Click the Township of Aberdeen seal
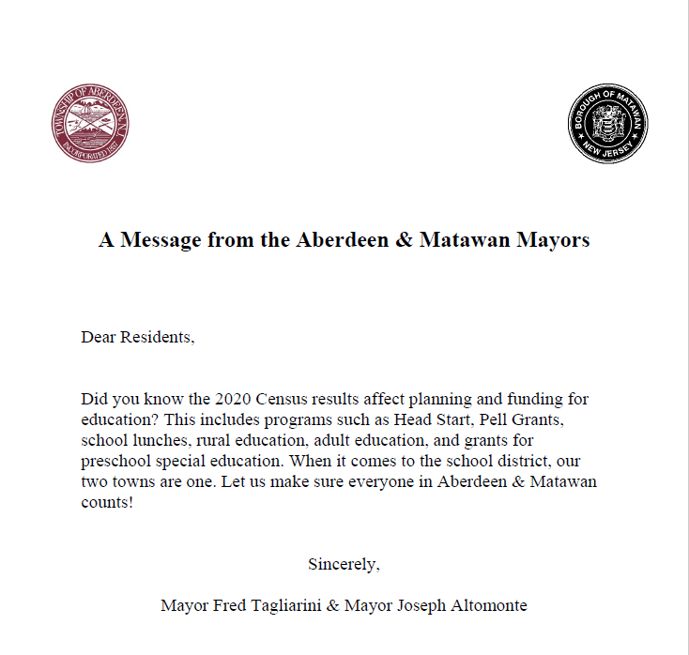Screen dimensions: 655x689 (90, 124)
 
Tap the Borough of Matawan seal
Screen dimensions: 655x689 (607, 124)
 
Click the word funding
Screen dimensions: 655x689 (534, 399)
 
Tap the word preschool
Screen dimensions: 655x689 (116, 460)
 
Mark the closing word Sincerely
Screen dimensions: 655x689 (344, 564)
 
